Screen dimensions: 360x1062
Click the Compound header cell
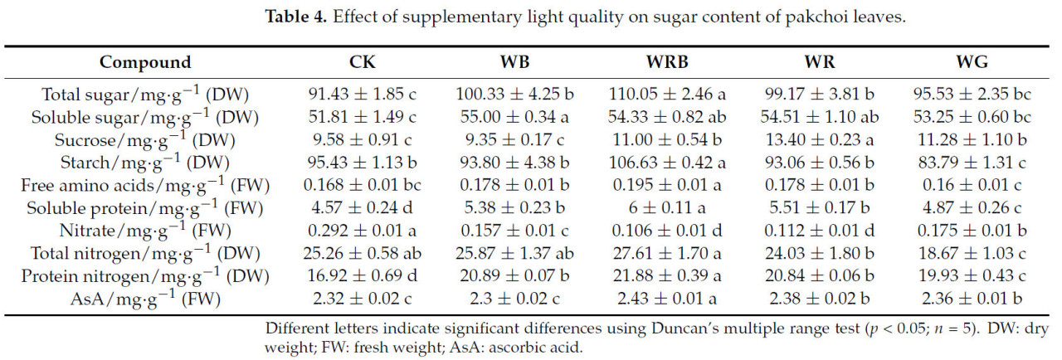145,62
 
